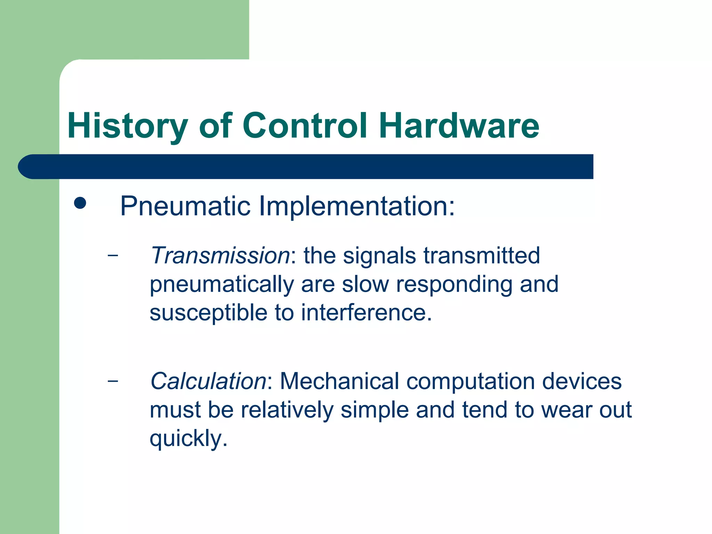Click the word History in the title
point(127,126)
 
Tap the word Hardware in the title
point(459,126)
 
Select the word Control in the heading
point(305,126)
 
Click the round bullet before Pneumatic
point(80,203)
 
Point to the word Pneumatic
point(185,207)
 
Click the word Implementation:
point(357,207)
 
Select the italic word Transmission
point(220,256)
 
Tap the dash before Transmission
point(113,256)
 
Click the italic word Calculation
point(208,381)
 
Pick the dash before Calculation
point(113,381)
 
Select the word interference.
point(366,313)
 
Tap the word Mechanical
point(339,381)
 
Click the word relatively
point(287,410)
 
